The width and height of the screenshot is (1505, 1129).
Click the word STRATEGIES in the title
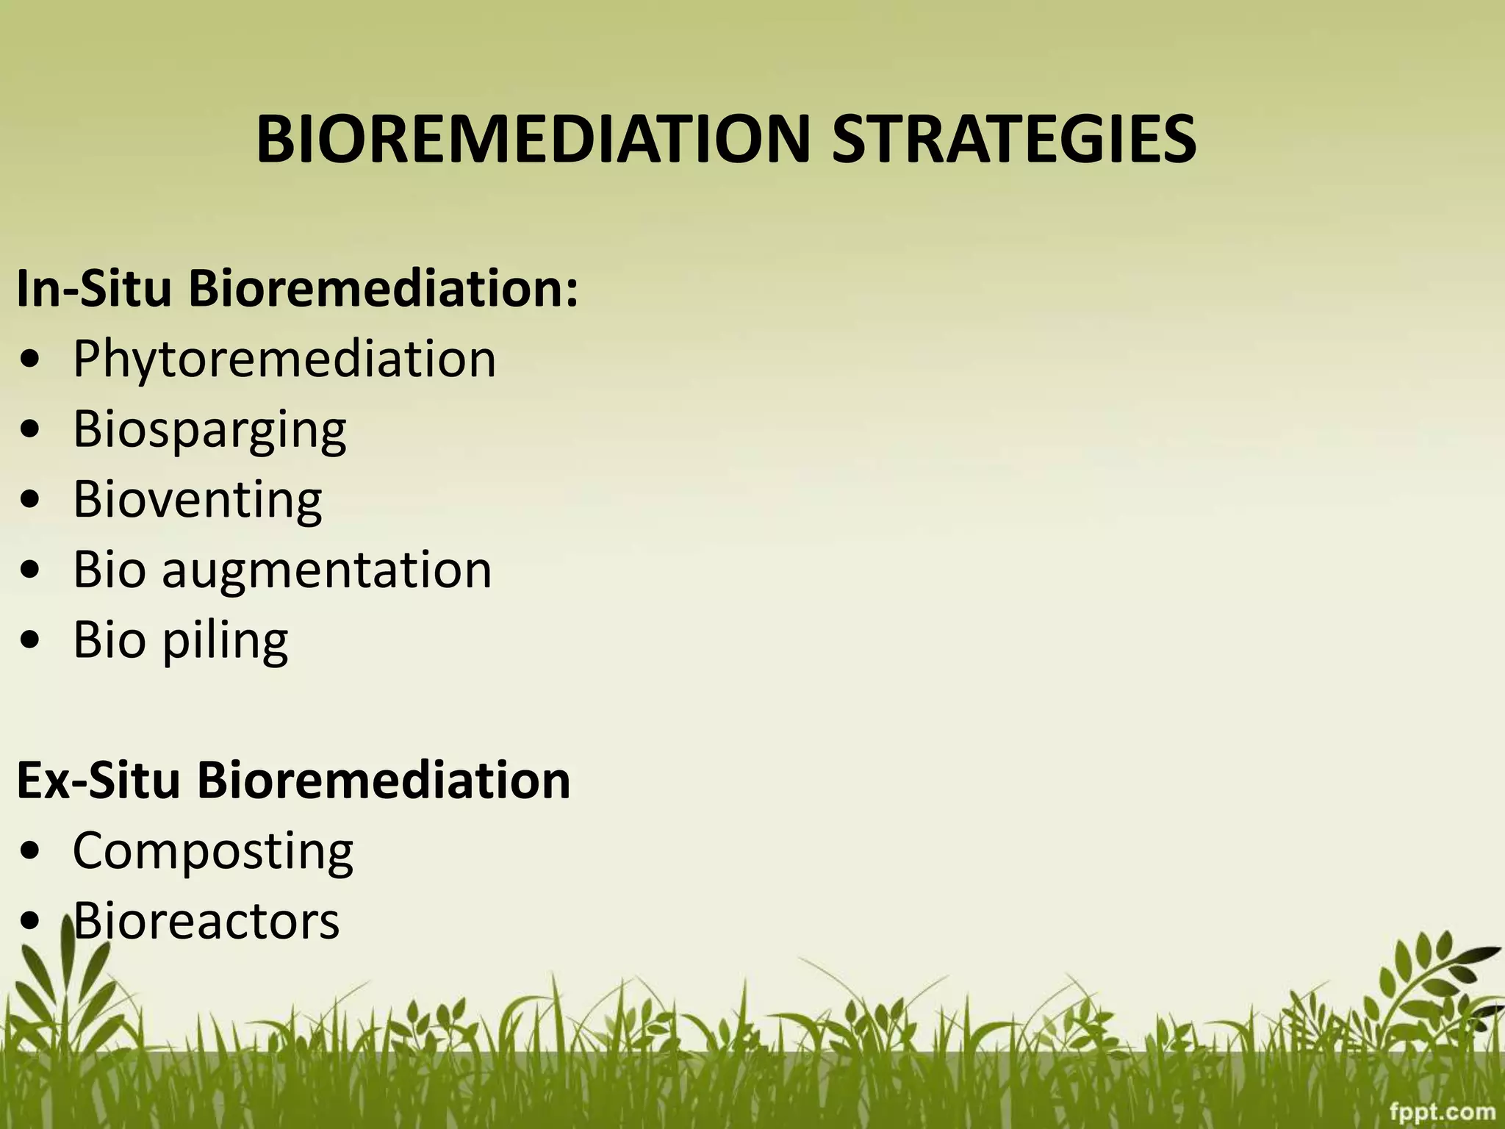click(1013, 140)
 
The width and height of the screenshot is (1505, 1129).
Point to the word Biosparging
click(209, 430)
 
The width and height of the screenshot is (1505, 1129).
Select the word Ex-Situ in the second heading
click(98, 781)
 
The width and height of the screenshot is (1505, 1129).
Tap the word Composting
click(212, 851)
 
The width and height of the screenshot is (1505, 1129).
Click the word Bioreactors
click(206, 921)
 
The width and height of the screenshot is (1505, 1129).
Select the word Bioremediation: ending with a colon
click(383, 289)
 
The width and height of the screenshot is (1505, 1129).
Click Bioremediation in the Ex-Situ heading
click(383, 781)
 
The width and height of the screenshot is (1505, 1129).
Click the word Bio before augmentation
click(109, 570)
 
